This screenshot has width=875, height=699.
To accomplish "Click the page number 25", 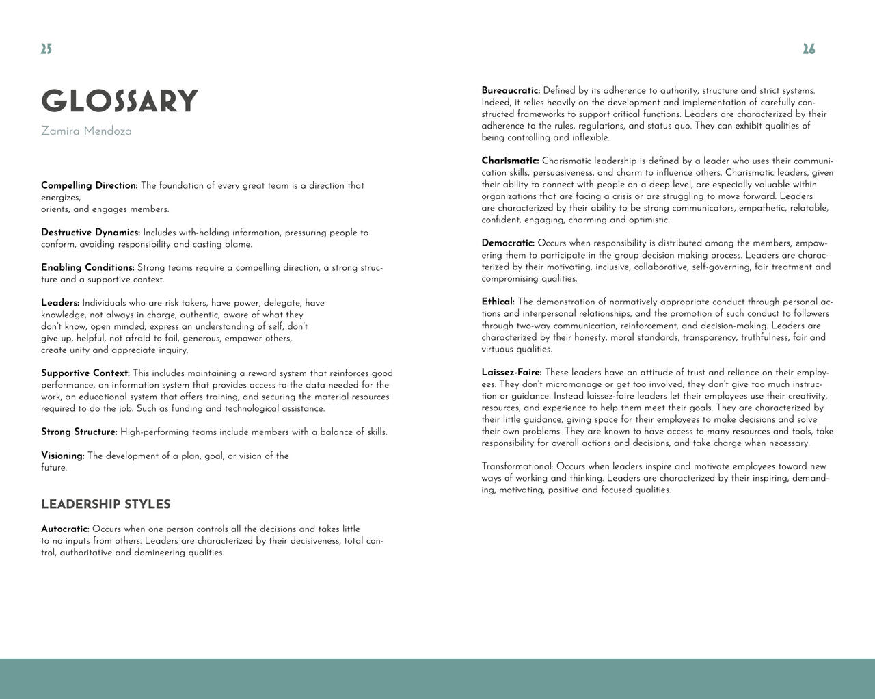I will coord(46,49).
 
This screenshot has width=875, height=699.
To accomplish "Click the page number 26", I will coord(809,49).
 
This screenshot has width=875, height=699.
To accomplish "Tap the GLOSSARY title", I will coord(120,101).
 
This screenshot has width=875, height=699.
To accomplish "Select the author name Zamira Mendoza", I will coord(86,131).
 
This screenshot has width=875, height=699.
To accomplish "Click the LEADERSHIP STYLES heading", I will coord(106,505).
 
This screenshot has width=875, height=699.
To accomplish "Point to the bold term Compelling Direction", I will coord(89,185).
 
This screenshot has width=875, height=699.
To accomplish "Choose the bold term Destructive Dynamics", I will coord(90,233).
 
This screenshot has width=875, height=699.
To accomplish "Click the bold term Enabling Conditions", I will coord(87,267).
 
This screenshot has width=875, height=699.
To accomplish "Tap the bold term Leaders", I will coord(60,303).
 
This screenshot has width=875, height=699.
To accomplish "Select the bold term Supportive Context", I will coord(85,373).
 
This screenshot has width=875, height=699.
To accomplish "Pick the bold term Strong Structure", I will coord(79,432).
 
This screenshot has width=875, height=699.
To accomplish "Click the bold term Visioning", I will coord(63,456).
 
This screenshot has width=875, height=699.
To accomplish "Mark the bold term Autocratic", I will coord(65,529).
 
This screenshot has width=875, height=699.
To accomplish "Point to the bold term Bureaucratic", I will coord(511,90).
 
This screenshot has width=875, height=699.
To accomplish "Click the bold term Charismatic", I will coord(510,161).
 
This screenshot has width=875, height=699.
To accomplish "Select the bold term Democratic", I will coord(508,243).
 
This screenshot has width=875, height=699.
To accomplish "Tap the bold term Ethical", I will coord(498,302).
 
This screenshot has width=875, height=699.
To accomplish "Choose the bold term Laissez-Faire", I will coord(511,373).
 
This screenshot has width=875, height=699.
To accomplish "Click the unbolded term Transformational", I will coord(517,466).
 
